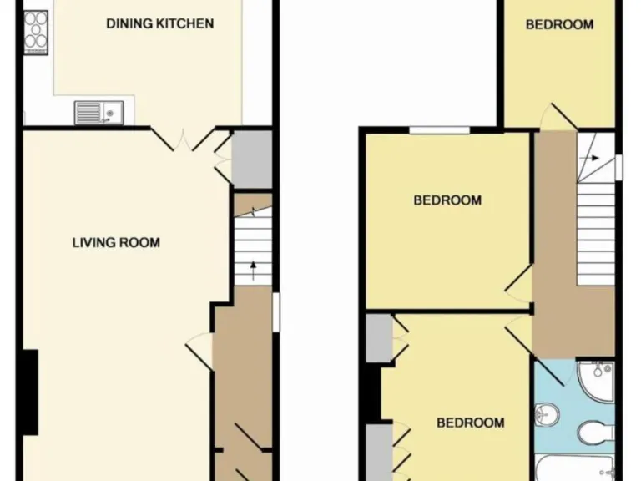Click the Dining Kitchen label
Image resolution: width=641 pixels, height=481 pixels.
tap(159, 23)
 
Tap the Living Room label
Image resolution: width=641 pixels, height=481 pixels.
tap(116, 243)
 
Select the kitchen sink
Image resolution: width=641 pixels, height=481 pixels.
tap(98, 112)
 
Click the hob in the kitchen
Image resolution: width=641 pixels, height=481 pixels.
tap(36, 32)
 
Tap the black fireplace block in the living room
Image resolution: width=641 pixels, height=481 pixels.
tap(29, 392)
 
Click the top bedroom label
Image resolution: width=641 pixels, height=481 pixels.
tap(559, 24)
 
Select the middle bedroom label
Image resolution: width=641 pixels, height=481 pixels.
tap(448, 200)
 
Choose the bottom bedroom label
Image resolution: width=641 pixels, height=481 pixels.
tap(471, 423)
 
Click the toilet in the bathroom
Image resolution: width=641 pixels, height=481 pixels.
tap(594, 432)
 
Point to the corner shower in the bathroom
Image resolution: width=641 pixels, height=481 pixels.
tap(595, 380)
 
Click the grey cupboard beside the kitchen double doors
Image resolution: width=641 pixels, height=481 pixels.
tap(252, 159)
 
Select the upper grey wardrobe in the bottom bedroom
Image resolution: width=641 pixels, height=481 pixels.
tap(379, 337)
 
